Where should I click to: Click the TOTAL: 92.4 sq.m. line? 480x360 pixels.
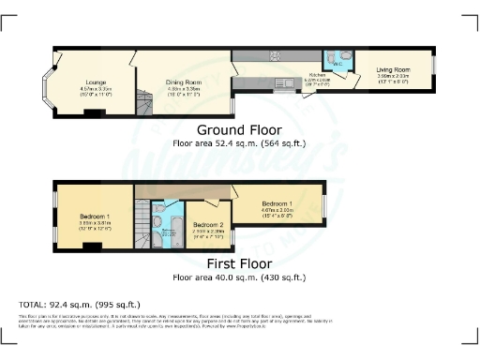pos(80,305)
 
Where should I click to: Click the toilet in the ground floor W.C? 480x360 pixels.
pos(346,56)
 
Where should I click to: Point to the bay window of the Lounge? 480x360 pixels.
pos(45,82)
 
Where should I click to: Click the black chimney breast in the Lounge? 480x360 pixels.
pos(90,112)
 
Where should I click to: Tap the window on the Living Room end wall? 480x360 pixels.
pos(433,66)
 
